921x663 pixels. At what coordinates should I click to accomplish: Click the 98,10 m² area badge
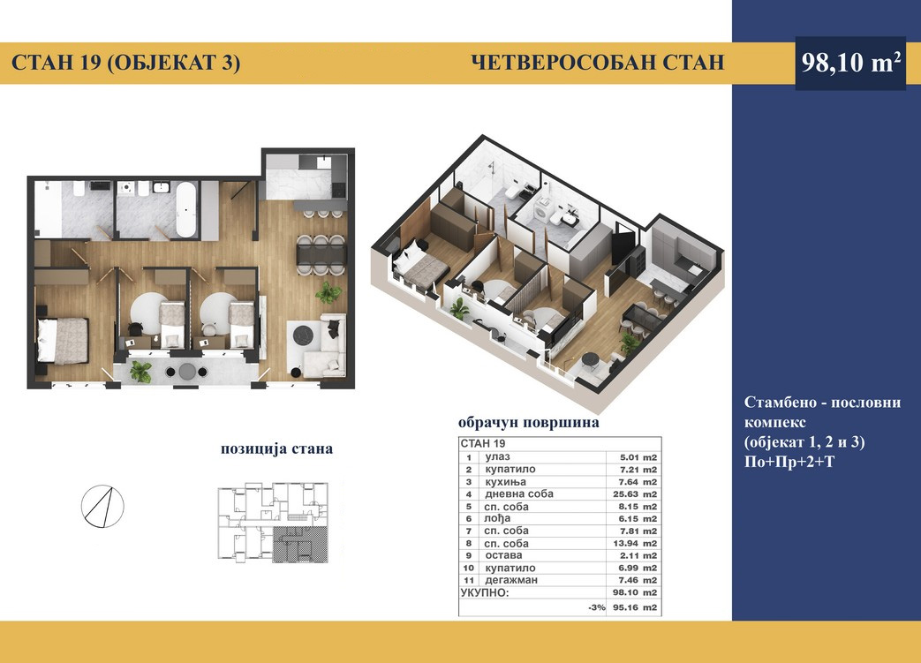[x=850, y=63]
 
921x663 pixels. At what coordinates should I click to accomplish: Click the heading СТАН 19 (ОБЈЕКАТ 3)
[x=125, y=63]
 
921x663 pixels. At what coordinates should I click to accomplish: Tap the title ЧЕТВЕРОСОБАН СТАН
[x=598, y=63]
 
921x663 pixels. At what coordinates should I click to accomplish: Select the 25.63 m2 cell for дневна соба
[x=634, y=494]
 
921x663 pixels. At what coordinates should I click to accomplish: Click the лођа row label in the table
[x=497, y=518]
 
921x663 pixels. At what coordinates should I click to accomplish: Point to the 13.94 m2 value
[x=634, y=544]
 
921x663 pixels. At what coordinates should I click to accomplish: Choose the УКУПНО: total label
[x=485, y=592]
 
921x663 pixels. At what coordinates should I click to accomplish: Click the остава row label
[x=503, y=555]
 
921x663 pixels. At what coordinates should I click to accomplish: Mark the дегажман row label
[x=511, y=580]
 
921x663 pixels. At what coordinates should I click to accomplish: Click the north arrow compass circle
[x=102, y=506]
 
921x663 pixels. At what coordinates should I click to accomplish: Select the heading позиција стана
[x=276, y=449]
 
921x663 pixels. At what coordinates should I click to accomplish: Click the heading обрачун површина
[x=529, y=423]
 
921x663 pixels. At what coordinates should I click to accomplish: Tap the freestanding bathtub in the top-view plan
[x=186, y=209]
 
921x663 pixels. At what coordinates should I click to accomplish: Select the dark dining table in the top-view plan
[x=321, y=255]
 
